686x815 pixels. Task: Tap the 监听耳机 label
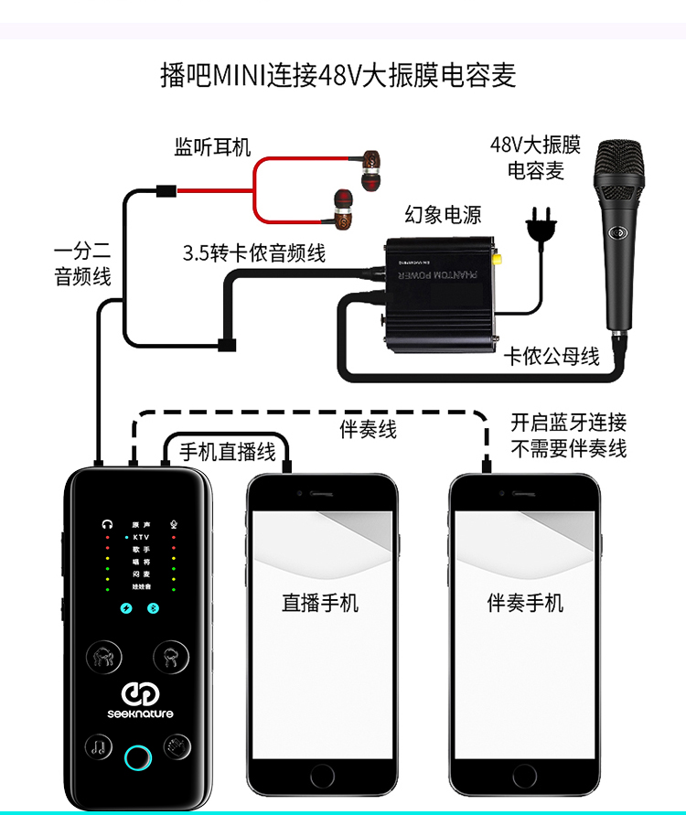point(212,146)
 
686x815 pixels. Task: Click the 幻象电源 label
point(443,215)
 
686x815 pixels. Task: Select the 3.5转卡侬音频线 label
point(254,253)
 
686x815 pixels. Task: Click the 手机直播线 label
point(227,451)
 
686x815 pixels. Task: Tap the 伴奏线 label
point(369,429)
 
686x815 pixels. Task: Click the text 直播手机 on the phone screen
point(320,603)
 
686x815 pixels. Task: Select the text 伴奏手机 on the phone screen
point(525,603)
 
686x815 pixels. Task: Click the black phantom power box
point(439,284)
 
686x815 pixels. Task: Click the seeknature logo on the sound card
point(137,700)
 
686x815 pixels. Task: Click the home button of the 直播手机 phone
point(322,776)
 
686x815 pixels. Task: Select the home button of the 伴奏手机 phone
point(524,776)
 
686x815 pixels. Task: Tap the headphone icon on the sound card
point(108,525)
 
